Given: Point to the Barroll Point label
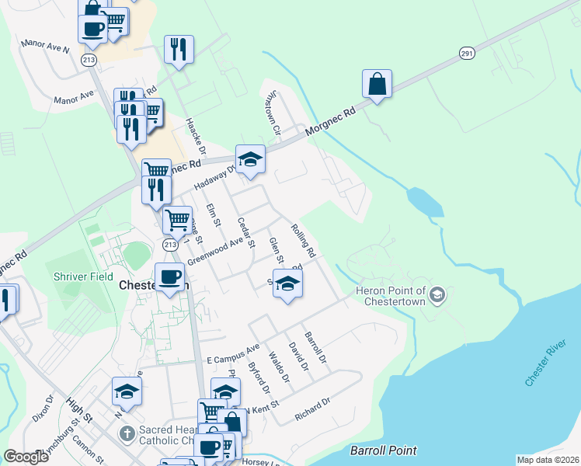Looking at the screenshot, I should point(383,450).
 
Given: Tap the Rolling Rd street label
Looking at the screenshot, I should point(303,241).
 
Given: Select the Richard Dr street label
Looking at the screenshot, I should point(313,410).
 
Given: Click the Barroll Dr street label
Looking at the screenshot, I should point(316,349).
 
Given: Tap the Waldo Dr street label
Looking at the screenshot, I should point(279,367).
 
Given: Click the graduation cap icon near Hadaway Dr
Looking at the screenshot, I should point(250,161).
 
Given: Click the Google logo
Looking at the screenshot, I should point(26,457).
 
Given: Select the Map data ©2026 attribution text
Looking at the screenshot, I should point(547,460).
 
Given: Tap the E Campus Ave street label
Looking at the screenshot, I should point(233,356).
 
